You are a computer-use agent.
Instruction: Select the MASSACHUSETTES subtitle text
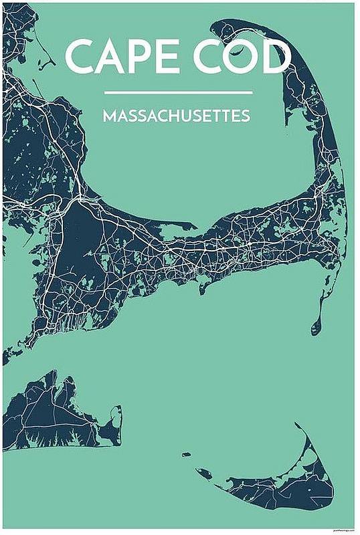coord(177,116)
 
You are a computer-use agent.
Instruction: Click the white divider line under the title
coord(179,92)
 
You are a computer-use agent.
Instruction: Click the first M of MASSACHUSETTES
coord(108,116)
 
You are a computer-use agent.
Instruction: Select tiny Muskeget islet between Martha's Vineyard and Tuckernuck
coord(187,454)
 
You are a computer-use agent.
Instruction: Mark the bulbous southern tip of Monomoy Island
coord(316,327)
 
